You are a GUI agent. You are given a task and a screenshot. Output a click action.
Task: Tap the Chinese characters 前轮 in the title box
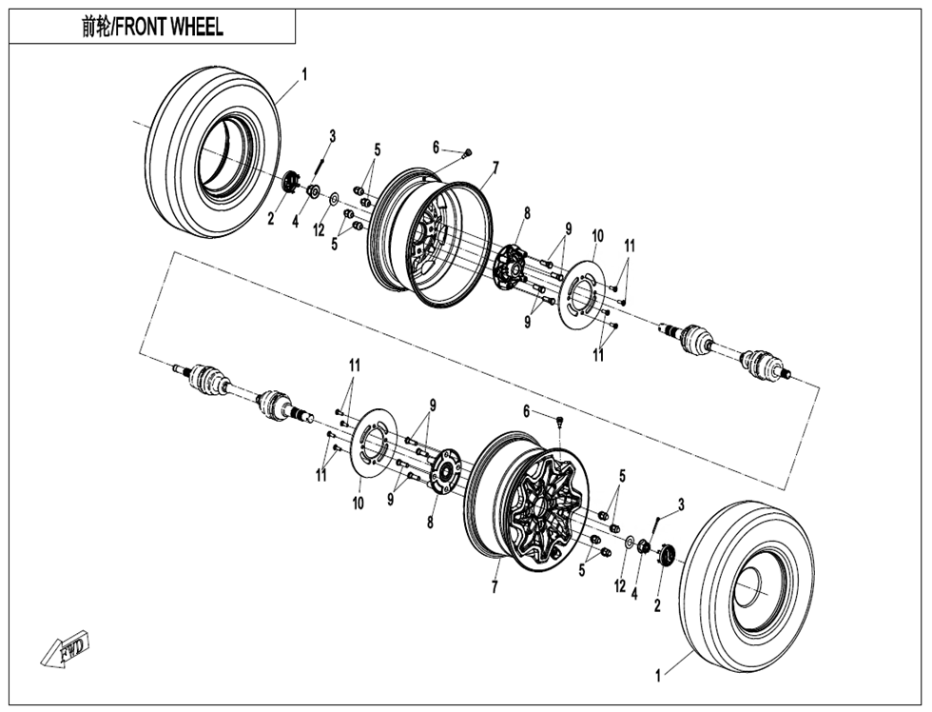pos(96,27)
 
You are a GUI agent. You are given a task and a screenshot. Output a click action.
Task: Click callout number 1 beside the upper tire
pos(304,73)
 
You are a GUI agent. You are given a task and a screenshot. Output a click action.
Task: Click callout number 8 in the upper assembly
pos(526,213)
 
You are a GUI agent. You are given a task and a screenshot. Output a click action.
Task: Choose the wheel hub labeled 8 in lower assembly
pos(442,473)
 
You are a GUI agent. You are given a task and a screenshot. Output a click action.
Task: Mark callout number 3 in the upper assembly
pos(332,136)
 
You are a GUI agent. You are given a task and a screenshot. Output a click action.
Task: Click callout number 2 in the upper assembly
pos(270,220)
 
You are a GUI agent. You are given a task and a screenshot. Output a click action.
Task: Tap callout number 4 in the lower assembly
pos(634,594)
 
